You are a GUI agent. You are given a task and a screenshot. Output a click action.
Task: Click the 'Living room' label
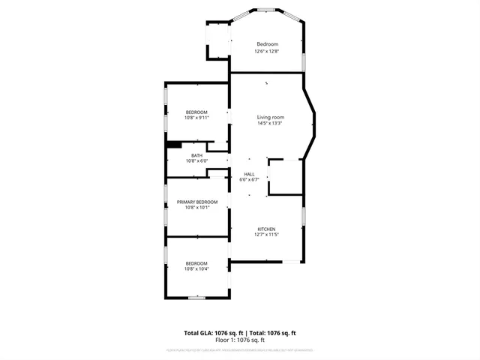pyautogui.click(x=271, y=117)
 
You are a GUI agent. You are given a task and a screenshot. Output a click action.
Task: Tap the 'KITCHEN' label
pyautogui.click(x=267, y=229)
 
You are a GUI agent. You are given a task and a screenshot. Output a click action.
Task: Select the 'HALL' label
pyautogui.click(x=248, y=174)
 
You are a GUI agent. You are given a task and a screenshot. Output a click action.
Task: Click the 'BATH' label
pyautogui.click(x=196, y=155)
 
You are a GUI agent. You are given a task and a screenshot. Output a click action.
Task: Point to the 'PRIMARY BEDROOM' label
pyautogui.click(x=197, y=202)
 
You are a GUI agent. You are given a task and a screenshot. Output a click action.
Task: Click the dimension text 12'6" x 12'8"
pyautogui.click(x=266, y=51)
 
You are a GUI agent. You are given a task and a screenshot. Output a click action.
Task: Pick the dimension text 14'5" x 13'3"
pyautogui.click(x=271, y=123)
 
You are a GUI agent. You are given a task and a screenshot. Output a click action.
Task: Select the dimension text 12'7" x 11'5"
pyautogui.click(x=267, y=235)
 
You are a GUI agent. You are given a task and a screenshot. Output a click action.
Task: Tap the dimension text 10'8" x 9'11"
pyautogui.click(x=197, y=118)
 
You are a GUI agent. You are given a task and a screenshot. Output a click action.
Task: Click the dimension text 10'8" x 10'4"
pyautogui.click(x=197, y=268)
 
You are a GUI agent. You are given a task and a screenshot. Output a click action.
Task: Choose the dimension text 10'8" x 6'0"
pyautogui.click(x=196, y=160)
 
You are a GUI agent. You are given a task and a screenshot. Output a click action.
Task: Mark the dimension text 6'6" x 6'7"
pyautogui.click(x=248, y=179)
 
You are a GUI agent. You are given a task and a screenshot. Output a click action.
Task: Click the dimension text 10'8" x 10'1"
pyautogui.click(x=197, y=208)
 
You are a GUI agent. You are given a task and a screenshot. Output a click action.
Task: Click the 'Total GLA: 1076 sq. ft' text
pyautogui.click(x=211, y=332)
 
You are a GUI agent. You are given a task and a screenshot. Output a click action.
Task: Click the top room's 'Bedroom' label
pyautogui.click(x=266, y=45)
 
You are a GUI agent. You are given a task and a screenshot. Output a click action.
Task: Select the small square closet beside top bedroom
pyautogui.click(x=217, y=39)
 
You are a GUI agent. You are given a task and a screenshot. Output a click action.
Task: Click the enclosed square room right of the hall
pyautogui.click(x=286, y=177)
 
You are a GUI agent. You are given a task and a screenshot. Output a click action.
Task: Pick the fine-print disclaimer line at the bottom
pyautogui.click(x=240, y=349)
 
